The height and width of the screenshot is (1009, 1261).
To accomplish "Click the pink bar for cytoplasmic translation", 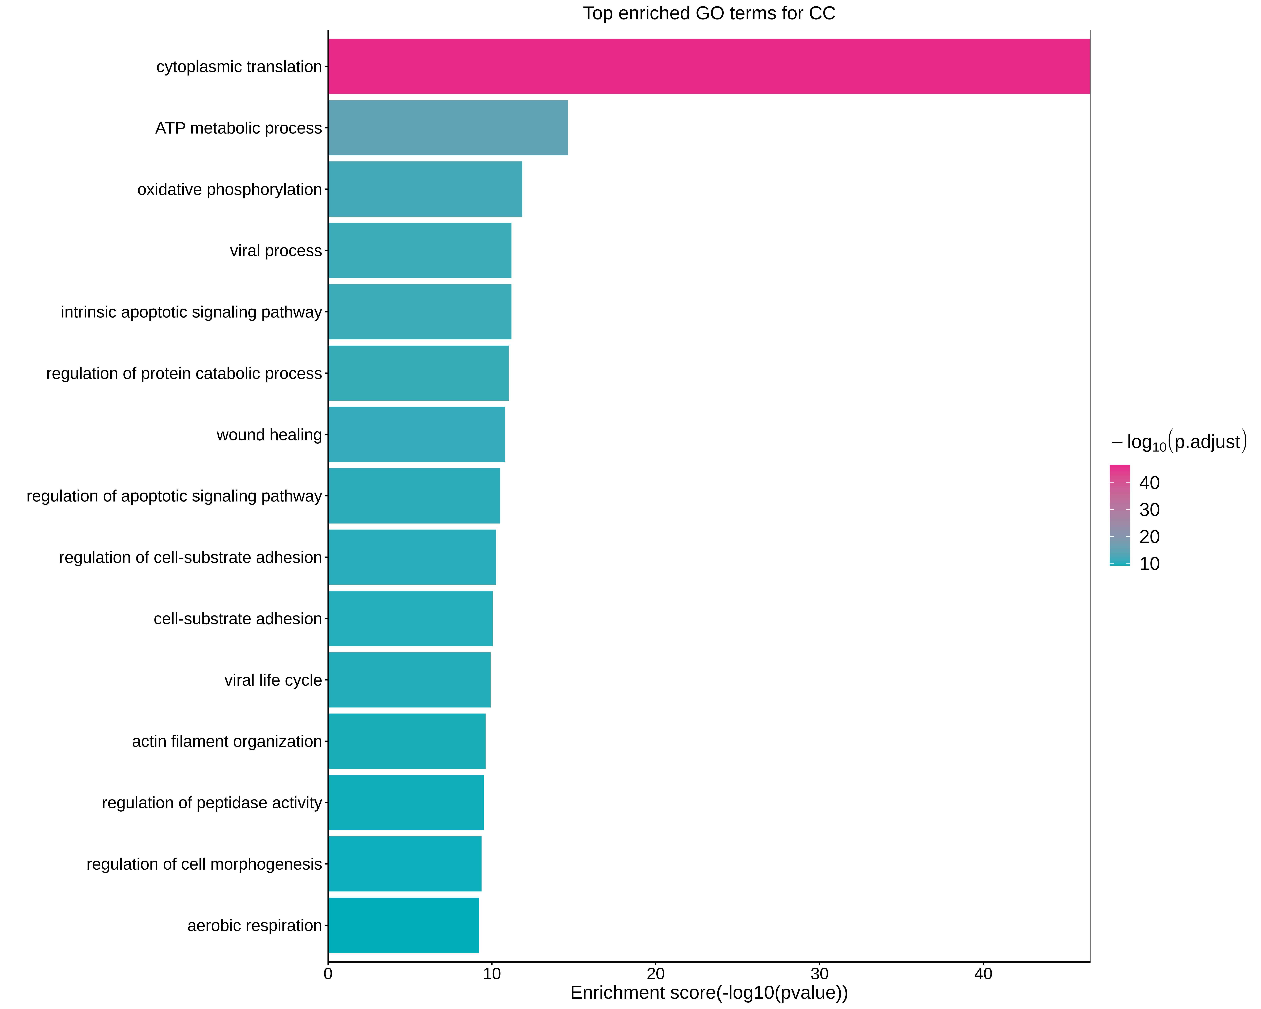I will click(709, 67).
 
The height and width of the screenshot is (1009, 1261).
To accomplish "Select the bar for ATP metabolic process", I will click(447, 128).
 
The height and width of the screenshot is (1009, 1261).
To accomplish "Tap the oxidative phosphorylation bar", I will click(425, 190).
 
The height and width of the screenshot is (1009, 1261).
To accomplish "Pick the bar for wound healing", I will click(416, 435).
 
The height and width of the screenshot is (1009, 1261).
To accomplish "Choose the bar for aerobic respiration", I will click(404, 925).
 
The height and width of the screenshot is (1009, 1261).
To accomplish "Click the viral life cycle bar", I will click(409, 680).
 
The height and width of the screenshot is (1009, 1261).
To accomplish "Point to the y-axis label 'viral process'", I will click(275, 251).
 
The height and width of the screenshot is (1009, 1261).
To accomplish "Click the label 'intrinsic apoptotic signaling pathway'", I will click(191, 312).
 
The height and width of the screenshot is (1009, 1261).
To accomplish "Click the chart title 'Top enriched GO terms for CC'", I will click(709, 13).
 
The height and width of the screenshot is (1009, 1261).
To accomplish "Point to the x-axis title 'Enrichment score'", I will click(709, 993).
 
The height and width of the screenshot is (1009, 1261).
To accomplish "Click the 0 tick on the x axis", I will click(328, 974).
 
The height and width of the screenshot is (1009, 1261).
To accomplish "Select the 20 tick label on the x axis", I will click(656, 974).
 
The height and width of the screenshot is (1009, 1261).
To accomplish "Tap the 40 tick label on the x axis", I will click(983, 974).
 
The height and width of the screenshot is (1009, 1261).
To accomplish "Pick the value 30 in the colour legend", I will click(1149, 510).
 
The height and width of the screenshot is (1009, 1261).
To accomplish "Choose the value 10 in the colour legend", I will click(1149, 564).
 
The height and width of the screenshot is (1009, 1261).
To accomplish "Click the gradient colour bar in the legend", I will click(1119, 515).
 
